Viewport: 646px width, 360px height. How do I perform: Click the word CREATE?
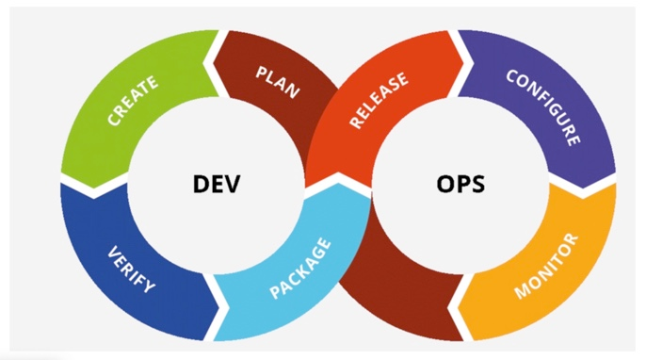(134, 101)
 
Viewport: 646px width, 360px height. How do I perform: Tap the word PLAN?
(278, 82)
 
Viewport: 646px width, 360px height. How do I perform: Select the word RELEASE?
(379, 101)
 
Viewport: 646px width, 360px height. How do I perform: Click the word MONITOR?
(545, 267)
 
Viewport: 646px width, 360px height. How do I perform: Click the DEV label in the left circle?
(218, 183)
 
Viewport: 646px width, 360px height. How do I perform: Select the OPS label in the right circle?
(460, 183)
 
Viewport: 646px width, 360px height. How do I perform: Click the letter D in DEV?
(201, 183)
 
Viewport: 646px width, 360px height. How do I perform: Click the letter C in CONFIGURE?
(512, 77)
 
